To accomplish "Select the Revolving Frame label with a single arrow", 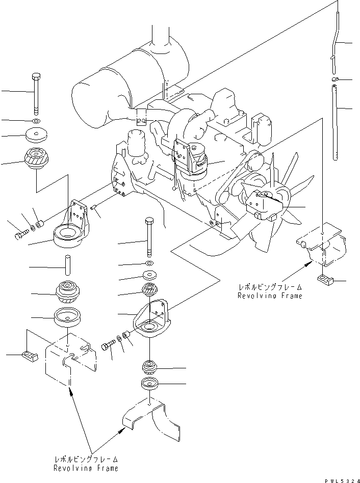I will pos(270,292).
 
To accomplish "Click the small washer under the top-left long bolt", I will pos(36,121).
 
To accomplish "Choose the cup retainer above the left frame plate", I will pos(68,318).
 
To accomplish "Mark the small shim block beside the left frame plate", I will pos(29,355).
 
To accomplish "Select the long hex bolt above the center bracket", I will pos(149,236).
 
